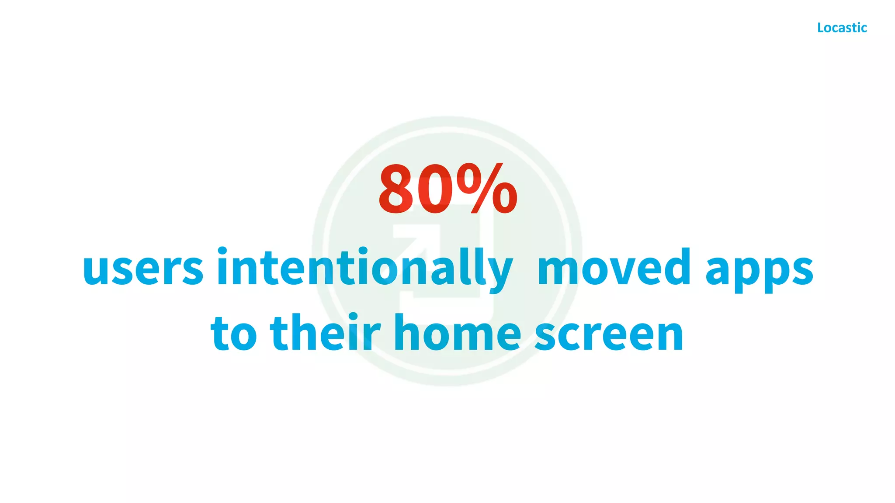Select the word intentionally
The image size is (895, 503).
364,267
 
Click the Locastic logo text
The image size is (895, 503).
842,28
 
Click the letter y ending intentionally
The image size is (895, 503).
499,273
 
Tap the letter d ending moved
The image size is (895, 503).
675,265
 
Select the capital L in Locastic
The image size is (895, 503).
821,28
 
